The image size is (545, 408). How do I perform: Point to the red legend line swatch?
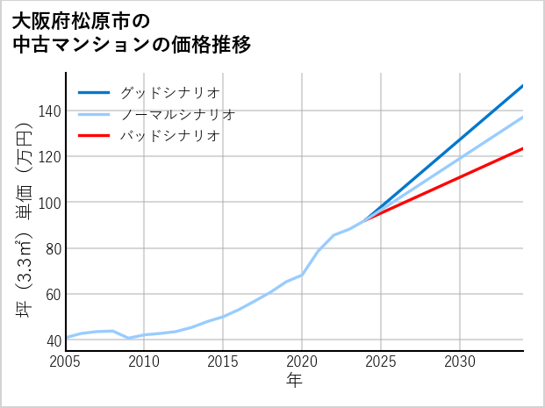coord(94,136)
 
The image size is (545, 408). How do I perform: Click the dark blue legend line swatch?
coord(94,92)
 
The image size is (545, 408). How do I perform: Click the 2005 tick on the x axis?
coord(66,361)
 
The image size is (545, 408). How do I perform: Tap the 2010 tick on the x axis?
coord(144,361)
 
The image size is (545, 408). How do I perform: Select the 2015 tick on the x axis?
coord(223,361)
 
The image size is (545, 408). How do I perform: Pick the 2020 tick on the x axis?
coord(302,361)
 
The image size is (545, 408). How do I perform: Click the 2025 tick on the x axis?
coord(381,361)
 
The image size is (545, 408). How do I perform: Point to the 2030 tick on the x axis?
coord(460,361)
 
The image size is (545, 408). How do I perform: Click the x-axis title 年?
coord(295,381)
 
